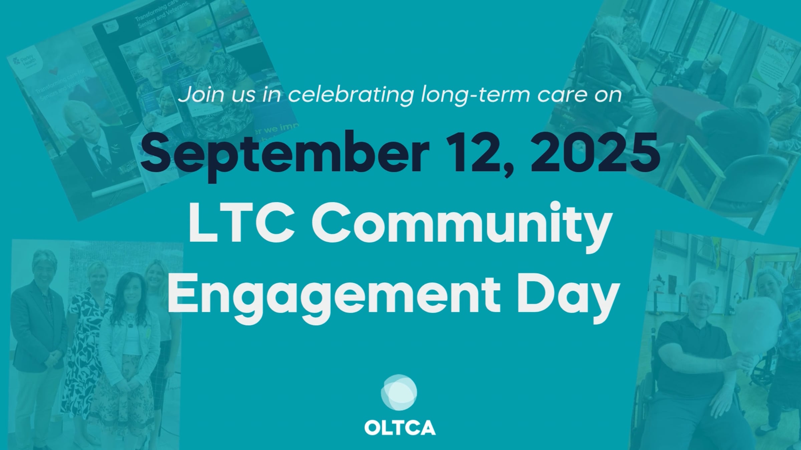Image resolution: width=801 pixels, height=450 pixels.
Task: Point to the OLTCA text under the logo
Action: pos(400,428)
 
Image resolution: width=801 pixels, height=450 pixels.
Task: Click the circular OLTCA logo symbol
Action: pos(399,392)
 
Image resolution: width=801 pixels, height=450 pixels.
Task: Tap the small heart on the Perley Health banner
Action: pos(53,71)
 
